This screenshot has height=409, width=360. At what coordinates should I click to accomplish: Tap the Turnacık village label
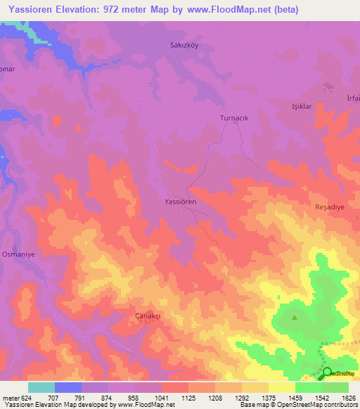235,119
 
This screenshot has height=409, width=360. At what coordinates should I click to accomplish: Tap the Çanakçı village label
148,316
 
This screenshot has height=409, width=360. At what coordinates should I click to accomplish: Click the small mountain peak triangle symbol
295,317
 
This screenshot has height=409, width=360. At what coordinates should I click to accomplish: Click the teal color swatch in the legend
41,387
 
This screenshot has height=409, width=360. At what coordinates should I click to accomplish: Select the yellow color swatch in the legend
281,387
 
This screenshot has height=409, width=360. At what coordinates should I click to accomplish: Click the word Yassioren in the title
32,9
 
